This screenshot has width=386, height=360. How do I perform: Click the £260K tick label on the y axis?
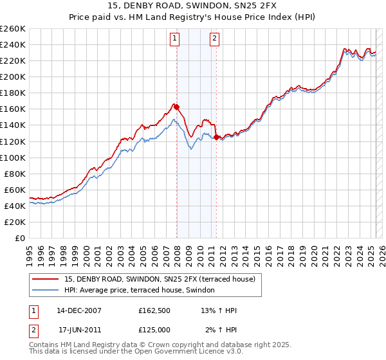coord(12,28)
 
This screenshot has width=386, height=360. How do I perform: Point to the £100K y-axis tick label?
coord(12,157)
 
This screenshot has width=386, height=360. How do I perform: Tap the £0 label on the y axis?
coord(20,239)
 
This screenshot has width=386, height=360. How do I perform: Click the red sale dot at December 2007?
coord(176,107)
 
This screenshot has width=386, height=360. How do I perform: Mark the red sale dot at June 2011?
coord(216,137)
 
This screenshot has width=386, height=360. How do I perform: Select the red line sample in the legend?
coord(46,279)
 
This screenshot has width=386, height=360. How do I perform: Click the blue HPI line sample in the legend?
coord(46,290)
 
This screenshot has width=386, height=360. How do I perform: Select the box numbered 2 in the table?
coord(32,330)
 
